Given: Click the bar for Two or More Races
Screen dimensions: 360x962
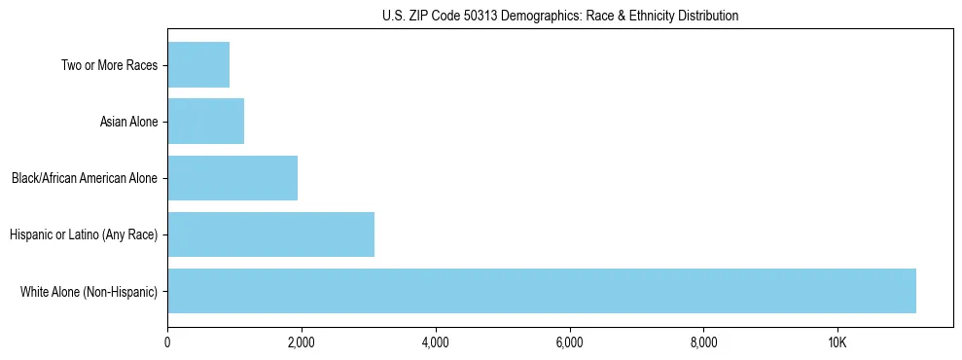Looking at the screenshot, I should coord(198,65).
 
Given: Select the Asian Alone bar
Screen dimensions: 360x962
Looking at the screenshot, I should coord(205,122).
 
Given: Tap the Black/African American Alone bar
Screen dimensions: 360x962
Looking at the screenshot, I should coord(232,178).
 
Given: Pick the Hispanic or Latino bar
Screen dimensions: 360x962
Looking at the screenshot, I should coord(270,234).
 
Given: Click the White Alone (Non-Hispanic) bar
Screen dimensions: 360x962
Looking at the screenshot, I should coord(541,291).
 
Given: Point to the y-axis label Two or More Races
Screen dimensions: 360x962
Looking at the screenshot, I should coord(109,66).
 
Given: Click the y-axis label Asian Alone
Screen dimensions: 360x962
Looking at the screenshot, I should coord(128,123).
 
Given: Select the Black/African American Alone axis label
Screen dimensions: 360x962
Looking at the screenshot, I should coord(85,179).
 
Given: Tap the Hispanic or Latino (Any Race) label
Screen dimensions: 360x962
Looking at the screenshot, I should coord(84,235).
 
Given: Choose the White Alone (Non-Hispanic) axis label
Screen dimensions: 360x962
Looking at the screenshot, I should coord(89,292).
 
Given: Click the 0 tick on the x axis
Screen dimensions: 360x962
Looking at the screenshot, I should coord(167,342).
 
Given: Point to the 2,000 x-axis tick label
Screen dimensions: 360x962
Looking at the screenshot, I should coord(302,342).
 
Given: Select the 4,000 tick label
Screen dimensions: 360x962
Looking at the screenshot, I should coord(435,342).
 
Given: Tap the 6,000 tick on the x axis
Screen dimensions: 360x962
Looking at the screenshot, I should coord(569,342).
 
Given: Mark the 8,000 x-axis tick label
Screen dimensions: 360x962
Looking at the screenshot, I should coord(703,342).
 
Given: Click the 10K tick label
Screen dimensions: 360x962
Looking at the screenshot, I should coord(837,342).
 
